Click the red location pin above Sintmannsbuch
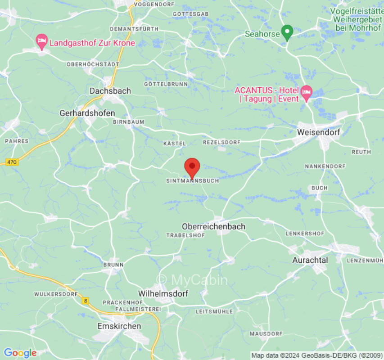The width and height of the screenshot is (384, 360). [x=192, y=166]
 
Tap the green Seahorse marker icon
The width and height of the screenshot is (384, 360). [x=287, y=32]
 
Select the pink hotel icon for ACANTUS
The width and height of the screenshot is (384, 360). [x=307, y=92]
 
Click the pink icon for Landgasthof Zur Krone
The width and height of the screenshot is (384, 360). [x=42, y=41]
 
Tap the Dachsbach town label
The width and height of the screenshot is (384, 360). [x=110, y=91]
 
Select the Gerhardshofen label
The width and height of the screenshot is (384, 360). [x=87, y=113]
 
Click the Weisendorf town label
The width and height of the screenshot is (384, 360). [x=319, y=132]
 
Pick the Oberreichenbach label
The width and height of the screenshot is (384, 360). [x=214, y=226]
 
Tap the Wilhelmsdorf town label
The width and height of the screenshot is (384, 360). [x=163, y=293]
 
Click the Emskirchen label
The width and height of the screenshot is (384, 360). [x=119, y=326]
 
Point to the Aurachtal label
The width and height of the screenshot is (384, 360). [x=310, y=260]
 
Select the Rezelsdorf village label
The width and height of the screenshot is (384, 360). [x=221, y=142]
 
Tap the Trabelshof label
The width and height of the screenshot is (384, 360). [x=185, y=235]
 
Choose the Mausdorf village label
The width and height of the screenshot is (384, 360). [x=266, y=333]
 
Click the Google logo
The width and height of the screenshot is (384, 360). [x=20, y=353]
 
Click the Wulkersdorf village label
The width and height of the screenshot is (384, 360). [x=54, y=294]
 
